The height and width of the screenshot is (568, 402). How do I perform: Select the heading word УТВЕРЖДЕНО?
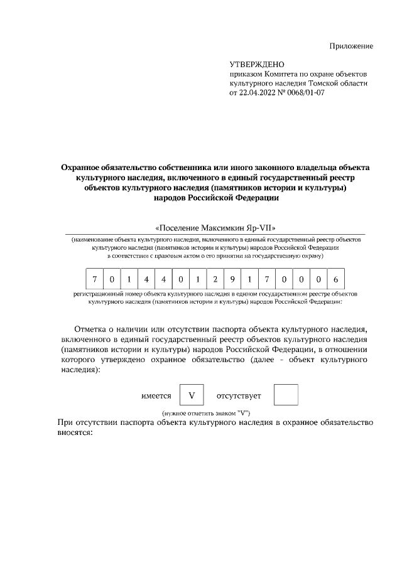tap(258, 65)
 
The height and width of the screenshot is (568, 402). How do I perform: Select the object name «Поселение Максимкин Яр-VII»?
tap(215, 227)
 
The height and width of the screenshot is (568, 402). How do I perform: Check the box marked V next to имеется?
tap(192, 395)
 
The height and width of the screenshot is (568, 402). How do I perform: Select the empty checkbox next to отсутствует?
tap(286, 395)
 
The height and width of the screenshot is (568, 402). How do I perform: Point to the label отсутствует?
tap(239, 395)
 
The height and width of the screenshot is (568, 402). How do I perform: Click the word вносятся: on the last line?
tap(75, 432)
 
